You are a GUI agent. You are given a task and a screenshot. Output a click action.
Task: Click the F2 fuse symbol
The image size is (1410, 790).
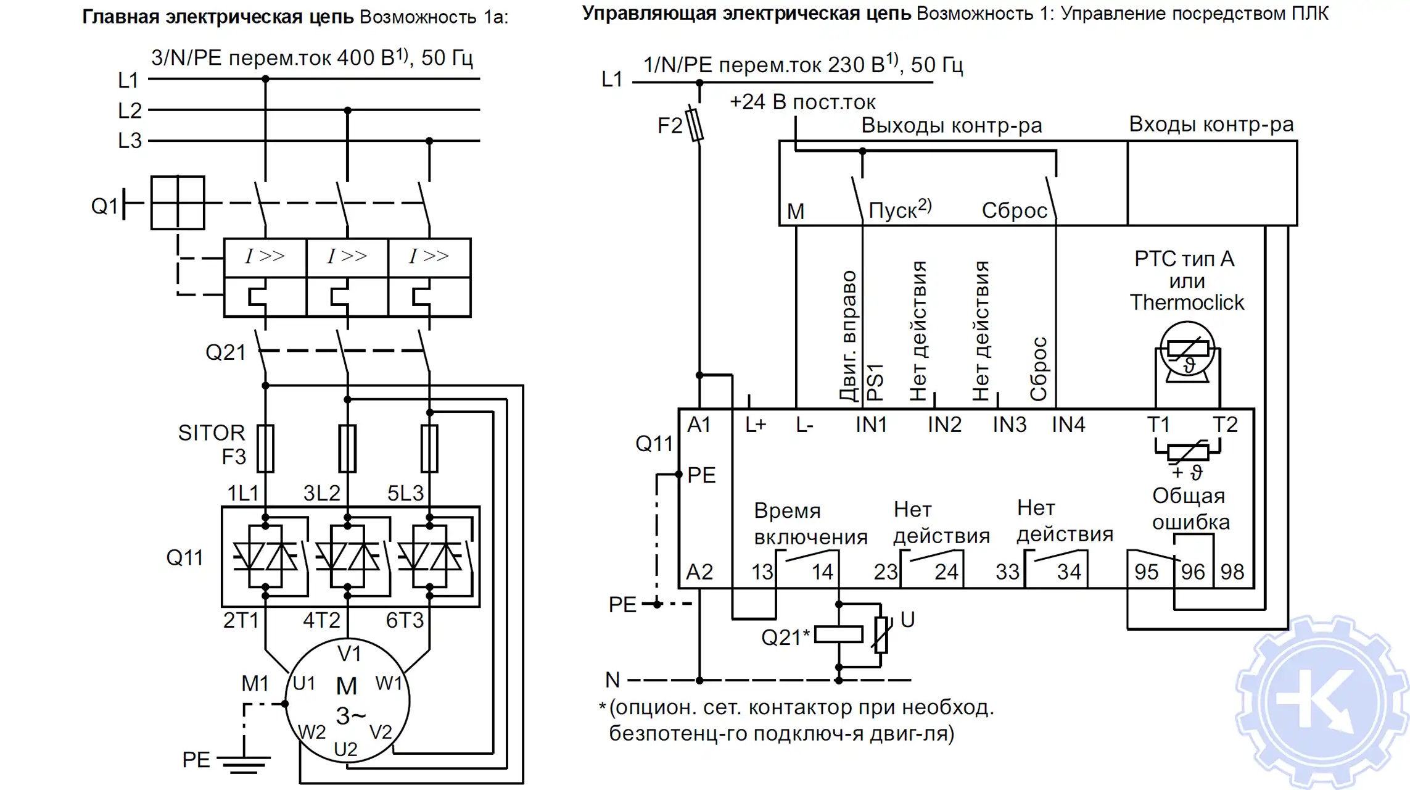click(696, 125)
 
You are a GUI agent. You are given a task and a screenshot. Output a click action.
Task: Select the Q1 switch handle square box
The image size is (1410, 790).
click(178, 203)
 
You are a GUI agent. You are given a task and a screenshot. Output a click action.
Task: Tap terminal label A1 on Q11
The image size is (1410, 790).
click(699, 425)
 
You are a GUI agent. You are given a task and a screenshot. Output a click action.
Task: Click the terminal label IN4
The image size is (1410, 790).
click(1068, 425)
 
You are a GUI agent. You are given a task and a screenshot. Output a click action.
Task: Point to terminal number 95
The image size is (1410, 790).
click(1146, 572)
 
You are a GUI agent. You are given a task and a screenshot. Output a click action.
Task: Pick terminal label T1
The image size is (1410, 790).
click(1158, 425)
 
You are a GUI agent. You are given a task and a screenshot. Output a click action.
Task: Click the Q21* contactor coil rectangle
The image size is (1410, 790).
click(838, 634)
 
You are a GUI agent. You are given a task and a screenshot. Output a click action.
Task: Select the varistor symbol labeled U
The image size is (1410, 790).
click(881, 634)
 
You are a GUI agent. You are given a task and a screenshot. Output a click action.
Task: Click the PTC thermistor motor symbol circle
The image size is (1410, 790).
click(1187, 351)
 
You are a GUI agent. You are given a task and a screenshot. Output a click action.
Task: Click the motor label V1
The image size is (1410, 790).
click(349, 653)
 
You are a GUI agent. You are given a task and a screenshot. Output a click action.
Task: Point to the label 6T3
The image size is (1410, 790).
click(405, 620)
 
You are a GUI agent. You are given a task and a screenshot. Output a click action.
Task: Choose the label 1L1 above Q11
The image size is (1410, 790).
click(242, 493)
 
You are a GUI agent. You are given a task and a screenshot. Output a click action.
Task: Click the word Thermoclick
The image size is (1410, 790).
click(1187, 302)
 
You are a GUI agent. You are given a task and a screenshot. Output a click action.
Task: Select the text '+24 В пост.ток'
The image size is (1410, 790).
click(802, 102)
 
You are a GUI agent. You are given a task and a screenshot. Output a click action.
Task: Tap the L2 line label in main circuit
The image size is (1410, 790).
click(130, 110)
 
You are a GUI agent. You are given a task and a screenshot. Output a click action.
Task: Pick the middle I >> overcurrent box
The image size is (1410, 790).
click(347, 256)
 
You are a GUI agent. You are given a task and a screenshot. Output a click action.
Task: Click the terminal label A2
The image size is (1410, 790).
click(699, 572)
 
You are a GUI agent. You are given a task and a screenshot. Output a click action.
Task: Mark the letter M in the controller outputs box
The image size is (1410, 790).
click(795, 211)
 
